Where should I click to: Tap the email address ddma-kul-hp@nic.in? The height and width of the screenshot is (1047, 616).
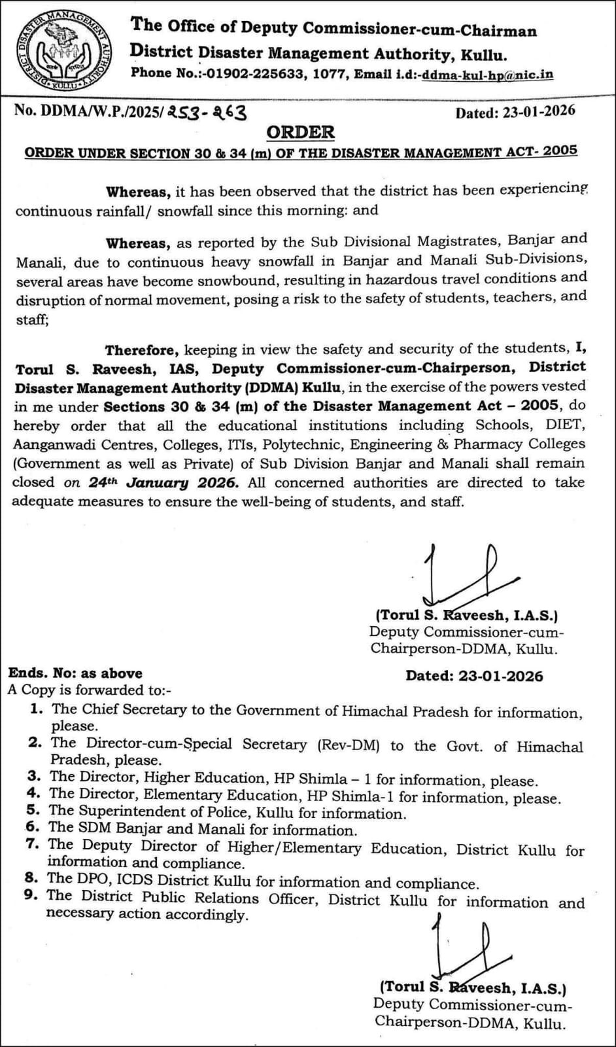[x=488, y=75]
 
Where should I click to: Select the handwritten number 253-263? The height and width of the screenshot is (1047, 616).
[x=207, y=113]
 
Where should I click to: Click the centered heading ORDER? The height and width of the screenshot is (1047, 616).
[x=301, y=132]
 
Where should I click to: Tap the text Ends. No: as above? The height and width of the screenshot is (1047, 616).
[x=75, y=673]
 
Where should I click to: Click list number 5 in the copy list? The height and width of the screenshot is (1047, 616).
[x=34, y=811]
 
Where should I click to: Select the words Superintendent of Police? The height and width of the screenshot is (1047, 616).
[x=163, y=813]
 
